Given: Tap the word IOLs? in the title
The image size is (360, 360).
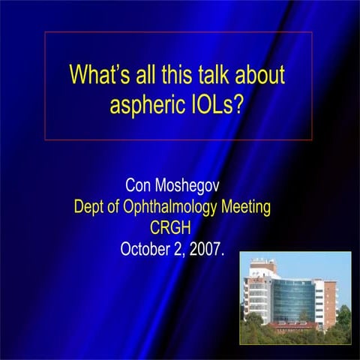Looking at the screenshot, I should (x=219, y=104).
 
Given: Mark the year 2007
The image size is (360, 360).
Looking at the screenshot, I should (x=205, y=249).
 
